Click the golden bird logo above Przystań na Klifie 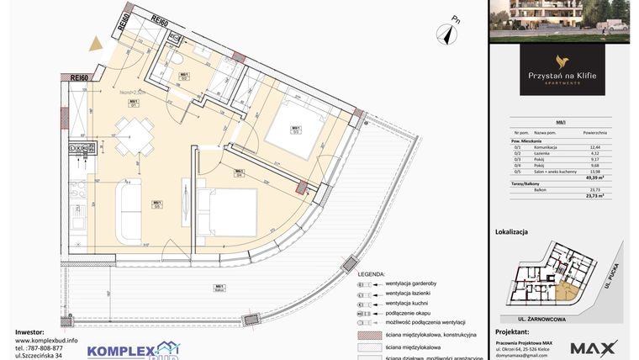(561, 61)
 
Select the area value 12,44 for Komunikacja (594, 146)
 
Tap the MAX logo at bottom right (594, 347)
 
